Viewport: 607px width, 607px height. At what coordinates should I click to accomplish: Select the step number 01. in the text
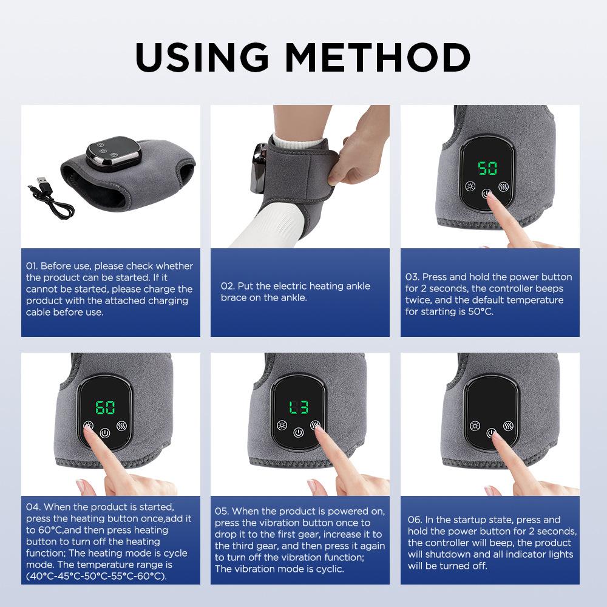[32, 266]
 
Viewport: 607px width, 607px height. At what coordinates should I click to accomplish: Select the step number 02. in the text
[228, 287]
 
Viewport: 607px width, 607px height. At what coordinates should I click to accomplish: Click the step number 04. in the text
[34, 507]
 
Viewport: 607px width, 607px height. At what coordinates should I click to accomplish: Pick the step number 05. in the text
[222, 511]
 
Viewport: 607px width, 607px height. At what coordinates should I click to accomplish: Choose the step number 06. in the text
[415, 520]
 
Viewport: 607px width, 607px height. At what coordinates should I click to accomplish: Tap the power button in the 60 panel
[106, 433]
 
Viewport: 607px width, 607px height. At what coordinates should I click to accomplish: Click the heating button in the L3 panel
[281, 425]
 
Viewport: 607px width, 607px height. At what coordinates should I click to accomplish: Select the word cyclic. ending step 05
[327, 569]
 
